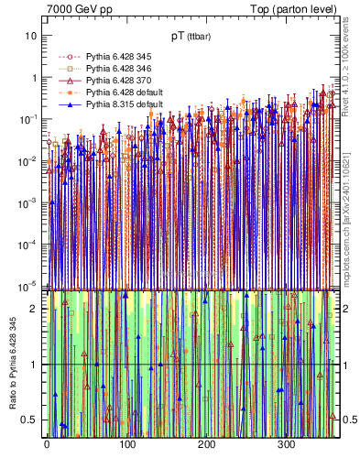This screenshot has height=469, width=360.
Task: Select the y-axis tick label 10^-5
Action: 28,286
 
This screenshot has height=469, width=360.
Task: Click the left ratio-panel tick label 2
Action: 34,309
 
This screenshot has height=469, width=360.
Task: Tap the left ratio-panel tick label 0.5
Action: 30,420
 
